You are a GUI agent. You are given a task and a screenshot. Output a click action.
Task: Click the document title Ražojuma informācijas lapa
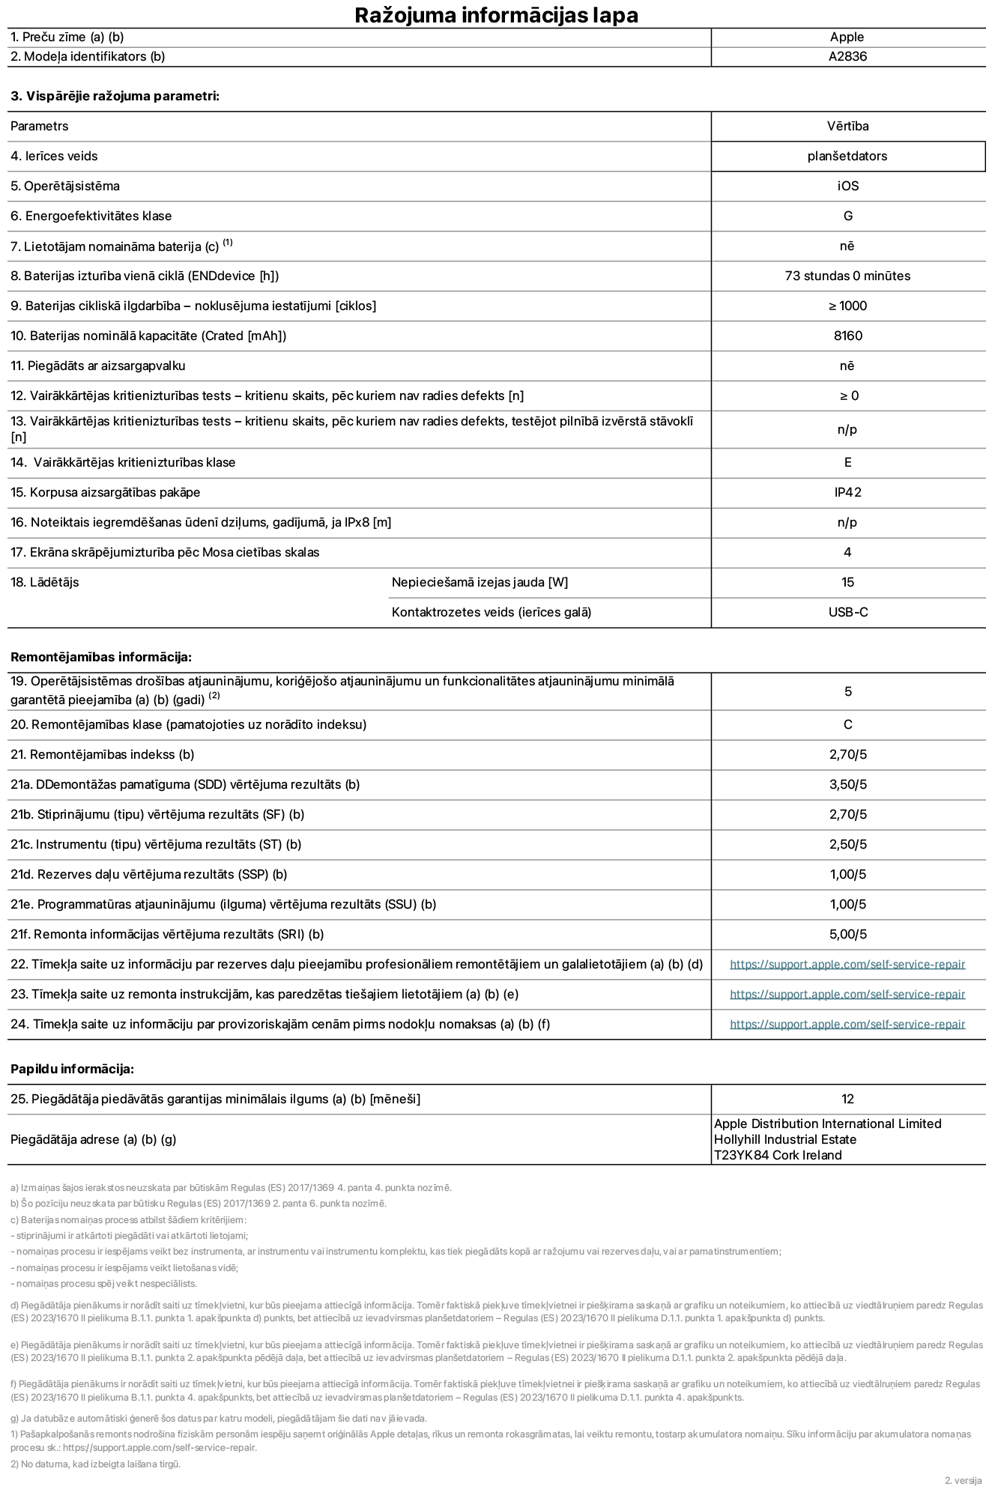click(496, 15)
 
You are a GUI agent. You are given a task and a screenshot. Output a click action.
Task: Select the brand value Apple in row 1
click(847, 37)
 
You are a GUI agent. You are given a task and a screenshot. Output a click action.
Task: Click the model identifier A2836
click(847, 56)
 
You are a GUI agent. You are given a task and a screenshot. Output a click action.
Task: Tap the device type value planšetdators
click(847, 156)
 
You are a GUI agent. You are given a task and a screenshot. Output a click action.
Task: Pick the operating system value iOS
click(847, 186)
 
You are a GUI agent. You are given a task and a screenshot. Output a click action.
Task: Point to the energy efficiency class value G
click(847, 216)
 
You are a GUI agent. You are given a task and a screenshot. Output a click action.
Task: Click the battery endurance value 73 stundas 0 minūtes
click(847, 276)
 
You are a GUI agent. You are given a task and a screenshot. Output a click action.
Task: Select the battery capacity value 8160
click(847, 336)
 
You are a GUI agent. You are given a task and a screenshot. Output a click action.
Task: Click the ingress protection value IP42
click(847, 492)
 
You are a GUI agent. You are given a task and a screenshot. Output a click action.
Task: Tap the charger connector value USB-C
click(847, 612)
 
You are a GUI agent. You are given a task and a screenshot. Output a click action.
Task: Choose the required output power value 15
click(847, 582)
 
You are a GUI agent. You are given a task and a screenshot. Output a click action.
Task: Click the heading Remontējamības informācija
click(101, 657)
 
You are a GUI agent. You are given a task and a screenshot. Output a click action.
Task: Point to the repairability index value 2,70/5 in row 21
click(847, 754)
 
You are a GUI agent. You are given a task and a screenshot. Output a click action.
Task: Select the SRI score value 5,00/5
click(847, 934)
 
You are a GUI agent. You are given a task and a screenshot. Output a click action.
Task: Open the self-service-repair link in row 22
click(847, 964)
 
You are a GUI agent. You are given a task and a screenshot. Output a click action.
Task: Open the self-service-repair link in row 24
click(847, 1024)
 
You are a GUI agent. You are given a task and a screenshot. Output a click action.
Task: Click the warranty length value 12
click(847, 1099)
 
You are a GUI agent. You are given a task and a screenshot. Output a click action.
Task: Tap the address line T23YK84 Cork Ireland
click(778, 1155)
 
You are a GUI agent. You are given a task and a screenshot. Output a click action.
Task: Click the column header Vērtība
click(847, 126)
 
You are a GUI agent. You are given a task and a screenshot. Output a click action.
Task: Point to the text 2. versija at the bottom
click(963, 1481)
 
